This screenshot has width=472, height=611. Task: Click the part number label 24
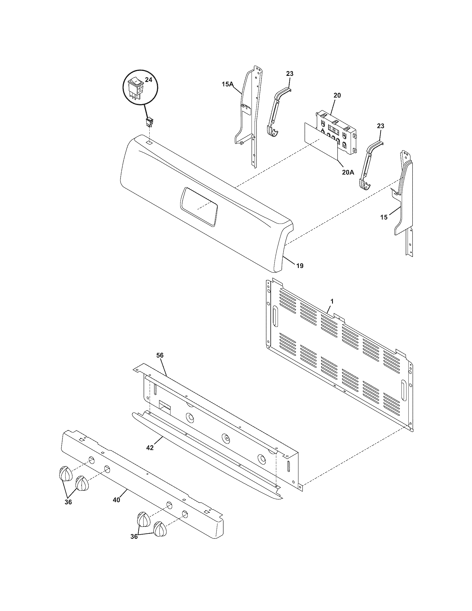coord(149,80)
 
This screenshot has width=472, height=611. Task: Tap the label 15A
coord(227,84)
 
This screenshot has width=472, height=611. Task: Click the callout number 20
coord(337,95)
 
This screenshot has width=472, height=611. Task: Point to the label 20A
coord(348,172)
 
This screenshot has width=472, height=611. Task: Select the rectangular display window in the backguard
coord(199,206)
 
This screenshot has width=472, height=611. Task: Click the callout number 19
coord(300,266)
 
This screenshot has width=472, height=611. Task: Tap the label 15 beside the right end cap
coord(384,217)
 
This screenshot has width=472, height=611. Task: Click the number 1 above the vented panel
coord(332,302)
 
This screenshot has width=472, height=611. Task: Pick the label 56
coord(160,355)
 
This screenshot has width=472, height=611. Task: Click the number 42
coord(150,448)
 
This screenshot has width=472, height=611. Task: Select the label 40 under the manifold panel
coord(116,500)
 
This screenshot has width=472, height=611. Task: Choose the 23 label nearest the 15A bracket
coord(290,74)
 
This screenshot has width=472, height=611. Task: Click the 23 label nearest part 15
coord(380,126)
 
